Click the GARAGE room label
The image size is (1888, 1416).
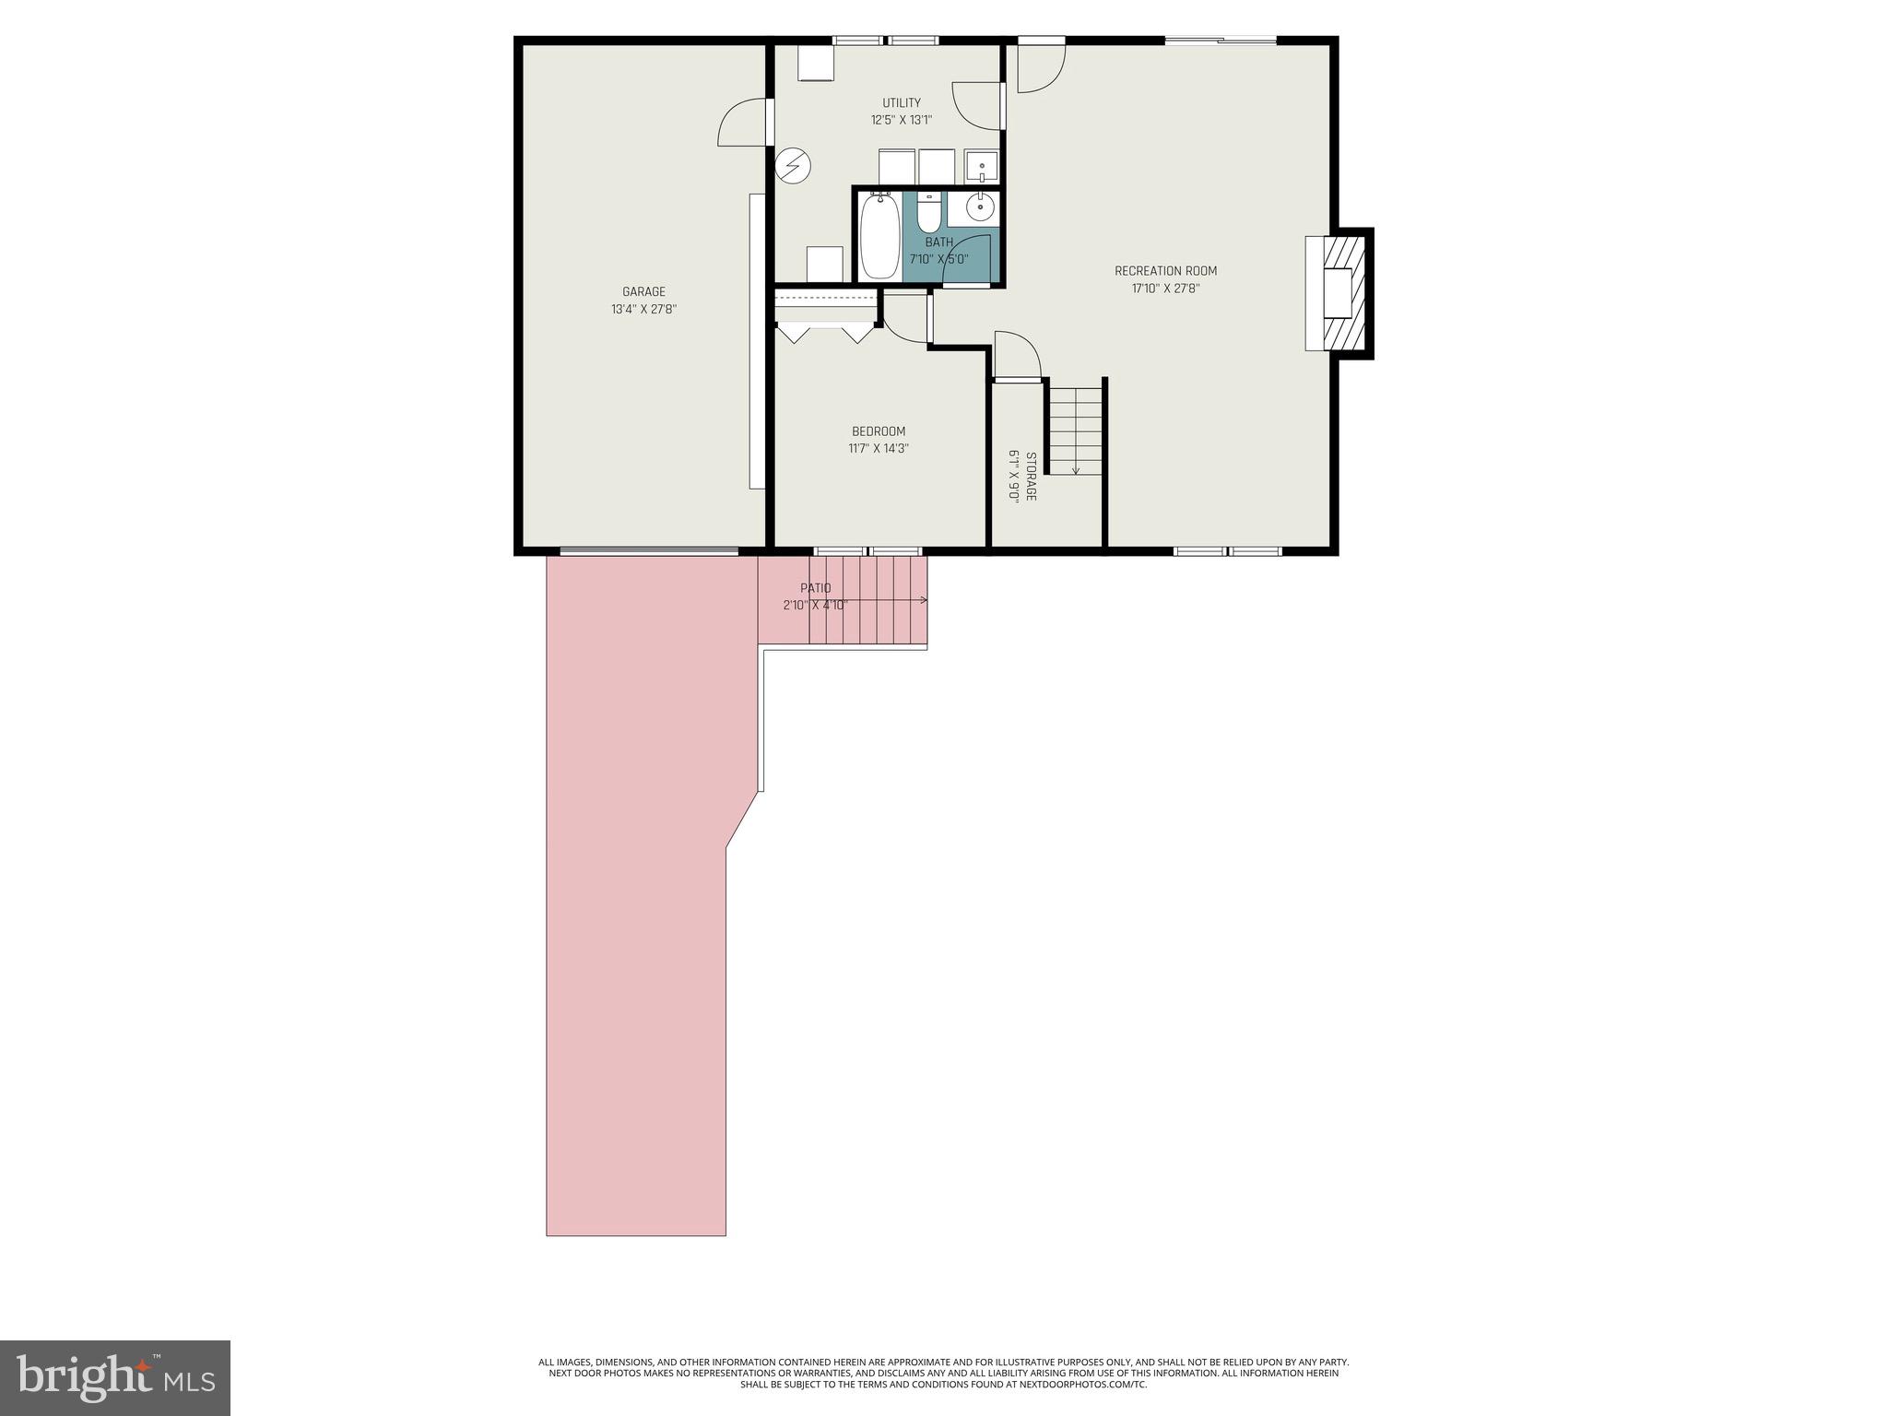click(643, 292)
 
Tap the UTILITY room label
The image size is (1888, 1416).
click(901, 103)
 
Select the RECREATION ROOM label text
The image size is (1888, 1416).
click(1165, 271)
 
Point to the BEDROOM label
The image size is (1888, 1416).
click(878, 431)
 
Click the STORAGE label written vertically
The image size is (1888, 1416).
click(1031, 477)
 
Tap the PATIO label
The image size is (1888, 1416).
click(815, 588)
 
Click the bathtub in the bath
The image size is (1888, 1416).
click(879, 236)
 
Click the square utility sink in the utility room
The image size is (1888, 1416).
click(982, 167)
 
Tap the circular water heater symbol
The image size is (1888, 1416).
click(792, 166)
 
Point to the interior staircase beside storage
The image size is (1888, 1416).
click(1076, 430)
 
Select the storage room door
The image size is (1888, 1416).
click(1018, 357)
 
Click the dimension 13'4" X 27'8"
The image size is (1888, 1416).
click(643, 310)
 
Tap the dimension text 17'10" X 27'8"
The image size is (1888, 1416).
click(1165, 289)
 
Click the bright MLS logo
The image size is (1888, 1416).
click(115, 1377)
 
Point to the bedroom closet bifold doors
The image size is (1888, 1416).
click(825, 330)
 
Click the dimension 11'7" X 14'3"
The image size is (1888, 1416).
click(878, 449)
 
